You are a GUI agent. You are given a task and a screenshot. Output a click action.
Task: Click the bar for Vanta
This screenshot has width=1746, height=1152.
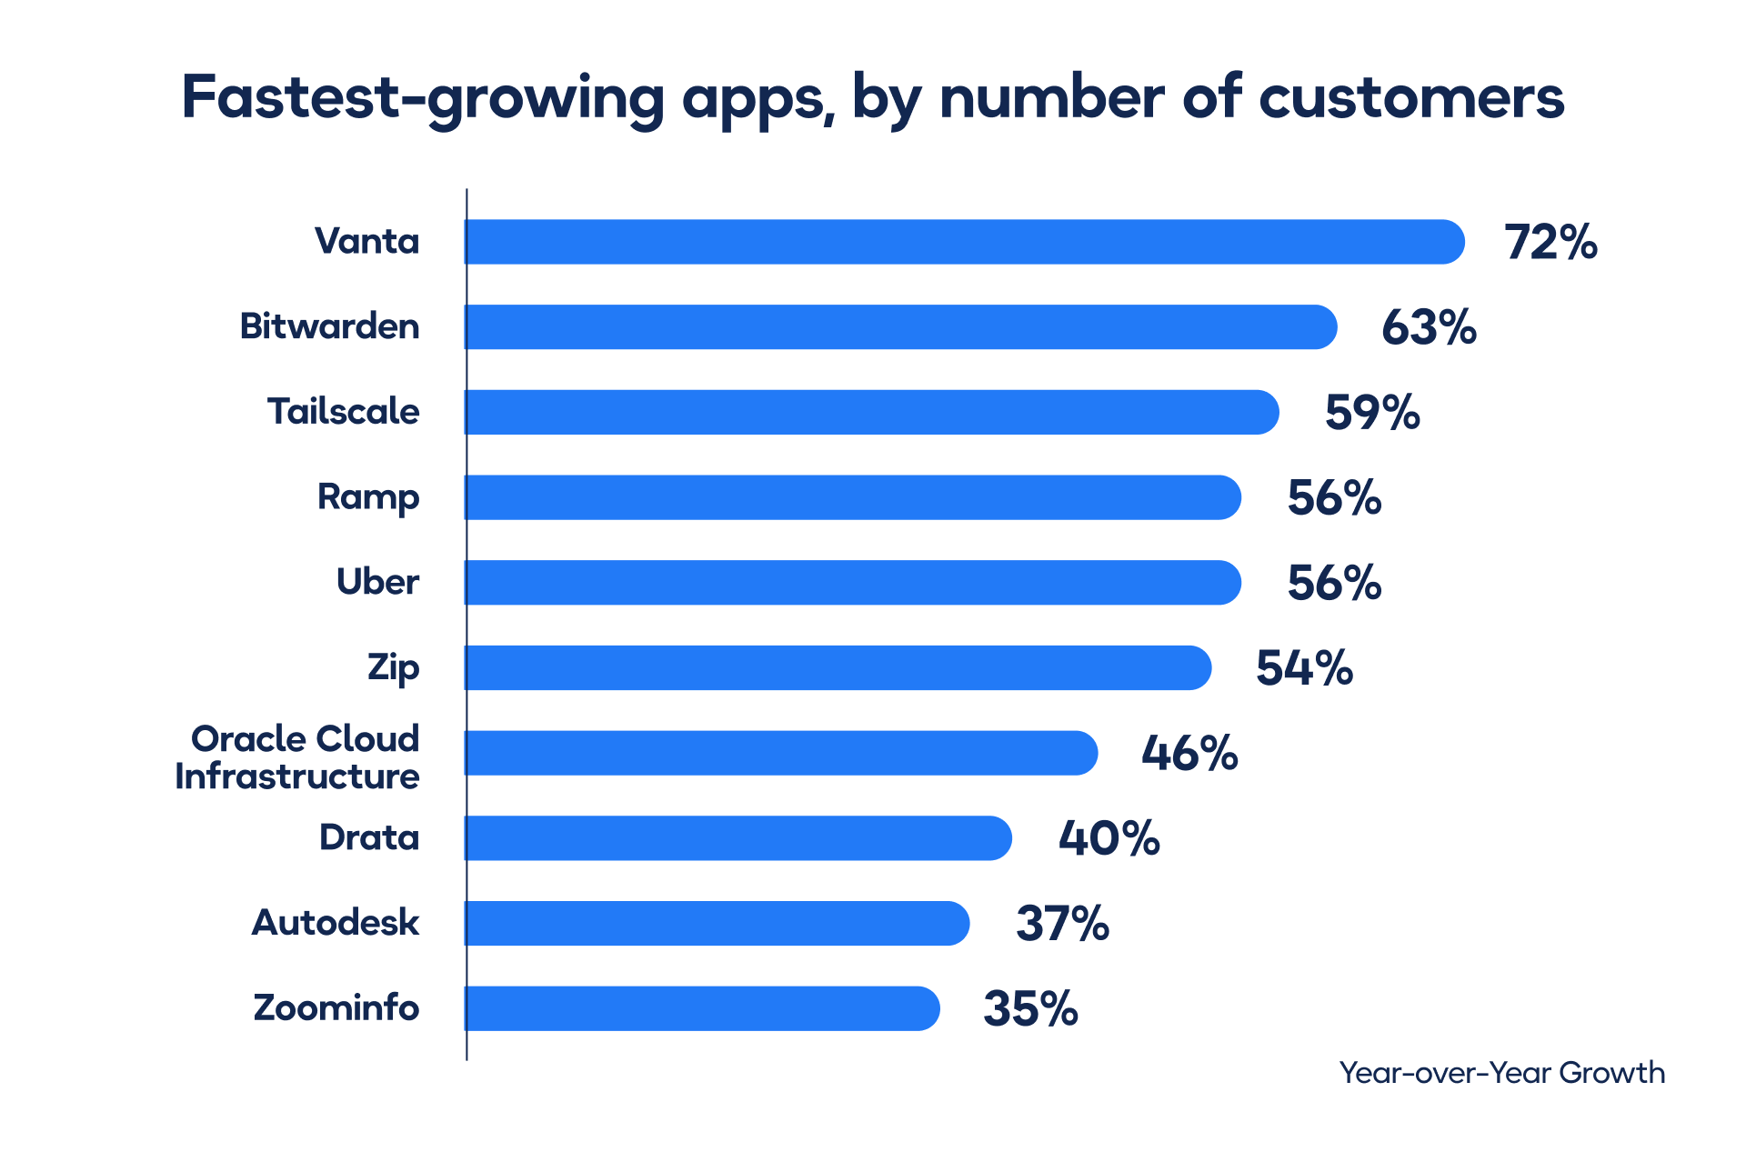(x=964, y=242)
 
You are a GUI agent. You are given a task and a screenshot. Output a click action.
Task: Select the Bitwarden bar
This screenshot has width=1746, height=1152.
(x=900, y=327)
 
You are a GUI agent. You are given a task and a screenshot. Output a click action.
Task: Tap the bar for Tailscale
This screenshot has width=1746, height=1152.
(x=871, y=412)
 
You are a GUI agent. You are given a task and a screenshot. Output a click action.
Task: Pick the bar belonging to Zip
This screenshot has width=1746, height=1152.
(x=838, y=667)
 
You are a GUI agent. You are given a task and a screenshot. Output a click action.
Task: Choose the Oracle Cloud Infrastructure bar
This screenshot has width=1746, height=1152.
(x=780, y=753)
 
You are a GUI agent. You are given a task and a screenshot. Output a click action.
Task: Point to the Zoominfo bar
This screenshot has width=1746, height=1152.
(x=701, y=1008)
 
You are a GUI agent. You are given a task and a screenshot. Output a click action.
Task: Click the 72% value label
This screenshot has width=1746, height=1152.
(x=1550, y=243)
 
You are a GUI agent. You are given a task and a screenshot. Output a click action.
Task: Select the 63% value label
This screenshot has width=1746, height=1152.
(x=1429, y=327)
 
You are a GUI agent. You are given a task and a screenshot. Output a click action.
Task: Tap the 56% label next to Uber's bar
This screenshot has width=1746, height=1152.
(x=1334, y=583)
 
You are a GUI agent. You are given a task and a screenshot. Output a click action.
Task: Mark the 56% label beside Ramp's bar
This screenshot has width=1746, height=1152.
(x=1334, y=498)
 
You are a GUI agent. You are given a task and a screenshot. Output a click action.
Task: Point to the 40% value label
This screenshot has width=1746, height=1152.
(x=1109, y=838)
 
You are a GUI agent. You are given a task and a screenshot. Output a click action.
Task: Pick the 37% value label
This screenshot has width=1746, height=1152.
(x=1062, y=924)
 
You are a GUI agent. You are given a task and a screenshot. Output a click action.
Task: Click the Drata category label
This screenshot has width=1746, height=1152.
(x=368, y=837)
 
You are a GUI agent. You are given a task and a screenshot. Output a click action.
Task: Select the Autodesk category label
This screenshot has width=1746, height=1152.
(x=335, y=923)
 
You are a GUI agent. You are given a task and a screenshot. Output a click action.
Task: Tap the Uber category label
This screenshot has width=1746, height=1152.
(x=377, y=582)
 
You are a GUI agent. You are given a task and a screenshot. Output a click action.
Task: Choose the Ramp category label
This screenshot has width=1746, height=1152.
(x=367, y=497)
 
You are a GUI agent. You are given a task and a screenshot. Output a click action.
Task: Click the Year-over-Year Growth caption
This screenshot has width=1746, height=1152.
(x=1501, y=1073)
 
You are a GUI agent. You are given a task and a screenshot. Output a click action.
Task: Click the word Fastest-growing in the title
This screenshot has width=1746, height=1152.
(x=423, y=97)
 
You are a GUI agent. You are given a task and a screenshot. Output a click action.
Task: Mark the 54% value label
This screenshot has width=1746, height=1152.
(x=1304, y=668)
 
